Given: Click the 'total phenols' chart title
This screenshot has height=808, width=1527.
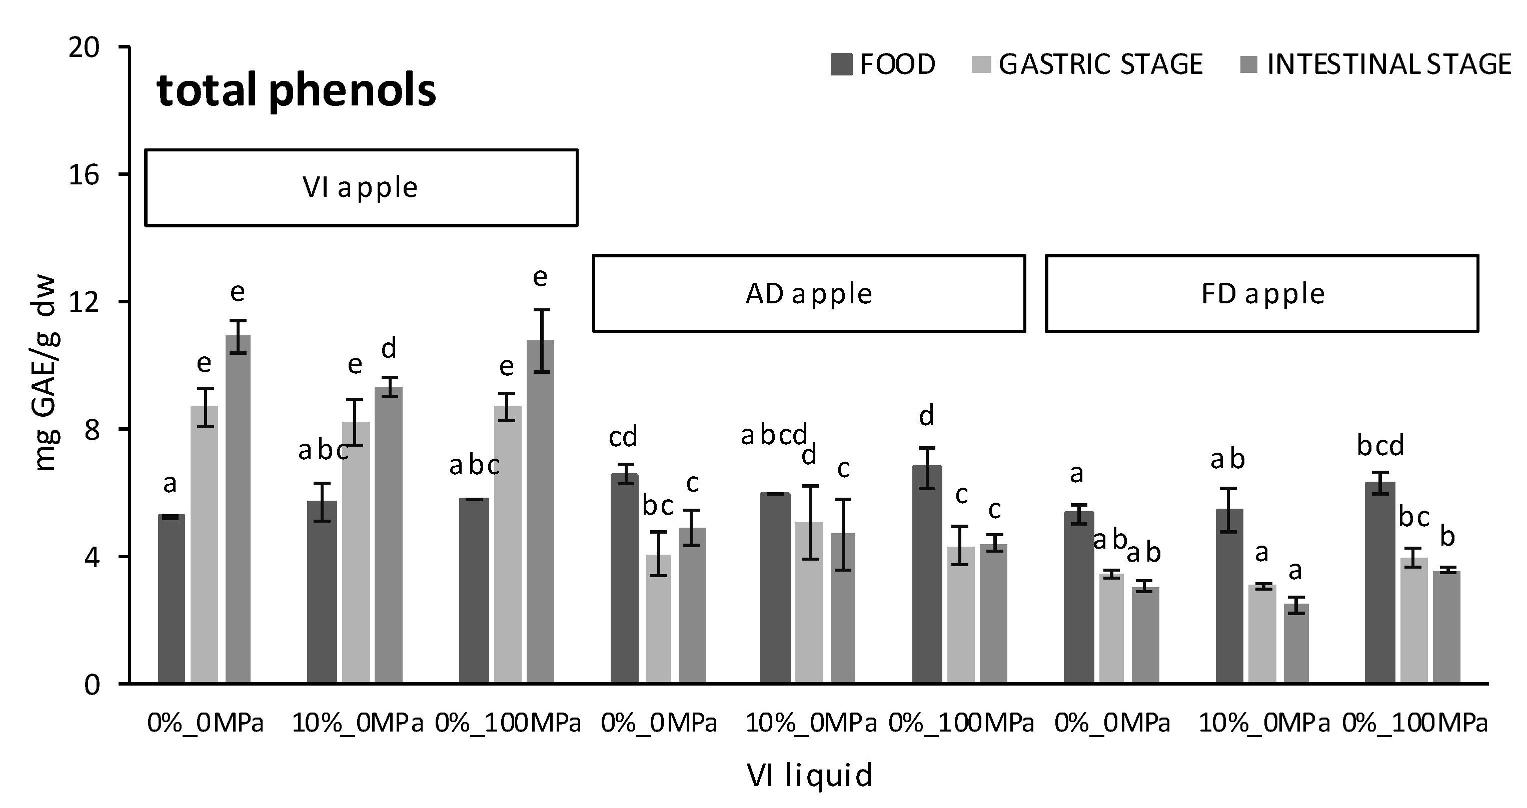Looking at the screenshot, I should click(297, 90).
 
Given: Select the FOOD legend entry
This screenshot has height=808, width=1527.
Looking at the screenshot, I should click(883, 64).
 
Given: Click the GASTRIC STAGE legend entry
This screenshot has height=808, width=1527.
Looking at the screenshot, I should click(1088, 64).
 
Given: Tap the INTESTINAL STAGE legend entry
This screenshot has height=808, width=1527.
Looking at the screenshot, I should click(1375, 64).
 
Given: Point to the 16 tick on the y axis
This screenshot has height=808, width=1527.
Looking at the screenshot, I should click(83, 175).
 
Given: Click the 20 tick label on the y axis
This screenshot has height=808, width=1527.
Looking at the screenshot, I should click(83, 47).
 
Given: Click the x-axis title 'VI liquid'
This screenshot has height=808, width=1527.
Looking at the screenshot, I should click(809, 775).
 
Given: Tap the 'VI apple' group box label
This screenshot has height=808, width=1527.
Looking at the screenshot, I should click(361, 188).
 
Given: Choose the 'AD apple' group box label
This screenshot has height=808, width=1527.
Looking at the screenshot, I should click(809, 294).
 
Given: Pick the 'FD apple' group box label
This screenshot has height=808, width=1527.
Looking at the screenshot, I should click(1262, 294).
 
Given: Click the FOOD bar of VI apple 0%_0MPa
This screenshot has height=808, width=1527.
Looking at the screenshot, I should click(172, 598).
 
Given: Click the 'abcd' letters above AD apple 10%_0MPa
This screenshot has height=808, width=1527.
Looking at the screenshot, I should click(774, 435).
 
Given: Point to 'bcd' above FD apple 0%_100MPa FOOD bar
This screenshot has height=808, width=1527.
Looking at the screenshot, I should click(1380, 445).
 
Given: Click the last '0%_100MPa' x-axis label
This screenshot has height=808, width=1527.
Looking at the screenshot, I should click(1415, 723).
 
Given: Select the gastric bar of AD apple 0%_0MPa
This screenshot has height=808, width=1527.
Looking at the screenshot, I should click(659, 619).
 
